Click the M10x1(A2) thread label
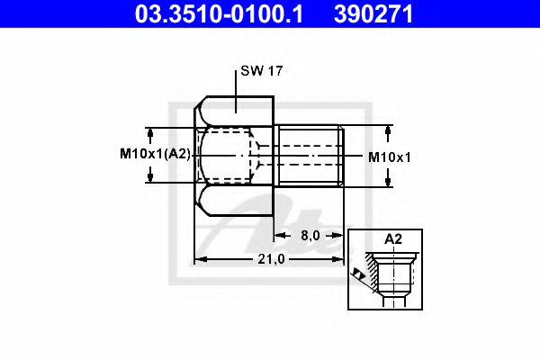[x=156, y=155]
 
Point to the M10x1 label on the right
[x=390, y=157]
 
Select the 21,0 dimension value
[x=270, y=259]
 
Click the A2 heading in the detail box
[x=392, y=239]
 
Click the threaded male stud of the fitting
[x=309, y=156]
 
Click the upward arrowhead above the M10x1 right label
[x=388, y=131]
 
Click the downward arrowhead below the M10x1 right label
[x=388, y=180]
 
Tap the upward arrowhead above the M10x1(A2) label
[x=150, y=131]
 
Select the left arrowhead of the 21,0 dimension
[x=201, y=259]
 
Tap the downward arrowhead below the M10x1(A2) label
[x=150, y=177]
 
